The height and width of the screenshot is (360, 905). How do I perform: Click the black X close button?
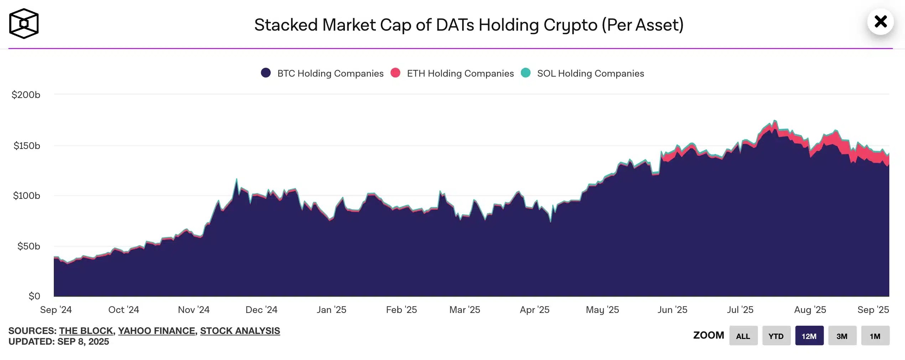pyautogui.click(x=880, y=22)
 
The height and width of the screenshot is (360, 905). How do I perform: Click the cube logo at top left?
pyautogui.click(x=24, y=24)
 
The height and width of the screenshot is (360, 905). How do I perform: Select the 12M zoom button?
pyautogui.click(x=809, y=336)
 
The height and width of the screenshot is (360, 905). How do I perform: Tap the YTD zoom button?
pyautogui.click(x=776, y=336)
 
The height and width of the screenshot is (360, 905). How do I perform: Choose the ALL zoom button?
pyautogui.click(x=743, y=336)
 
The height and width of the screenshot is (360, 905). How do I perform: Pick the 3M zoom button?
pyautogui.click(x=842, y=336)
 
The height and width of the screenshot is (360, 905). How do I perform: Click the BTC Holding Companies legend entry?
pyautogui.click(x=330, y=73)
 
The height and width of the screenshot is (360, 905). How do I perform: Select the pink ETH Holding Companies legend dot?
pyautogui.click(x=395, y=73)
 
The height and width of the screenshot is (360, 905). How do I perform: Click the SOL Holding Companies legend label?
pyautogui.click(x=590, y=73)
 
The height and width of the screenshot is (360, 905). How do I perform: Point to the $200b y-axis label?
pyautogui.click(x=26, y=95)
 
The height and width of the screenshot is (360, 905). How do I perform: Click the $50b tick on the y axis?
pyautogui.click(x=29, y=246)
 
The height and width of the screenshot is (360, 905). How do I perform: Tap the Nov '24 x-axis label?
pyautogui.click(x=193, y=310)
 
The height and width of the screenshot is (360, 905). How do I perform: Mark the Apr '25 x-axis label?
pyautogui.click(x=534, y=310)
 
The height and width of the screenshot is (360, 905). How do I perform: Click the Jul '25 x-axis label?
pyautogui.click(x=740, y=310)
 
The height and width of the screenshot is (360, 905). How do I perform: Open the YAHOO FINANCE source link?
pyautogui.click(x=156, y=331)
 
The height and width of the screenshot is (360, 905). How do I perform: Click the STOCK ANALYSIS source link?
pyautogui.click(x=240, y=331)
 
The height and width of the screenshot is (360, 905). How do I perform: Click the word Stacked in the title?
pyautogui.click(x=286, y=25)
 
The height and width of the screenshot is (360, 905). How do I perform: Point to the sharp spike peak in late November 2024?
pyautogui.click(x=237, y=179)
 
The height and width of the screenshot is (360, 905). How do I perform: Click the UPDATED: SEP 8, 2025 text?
pyautogui.click(x=59, y=341)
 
